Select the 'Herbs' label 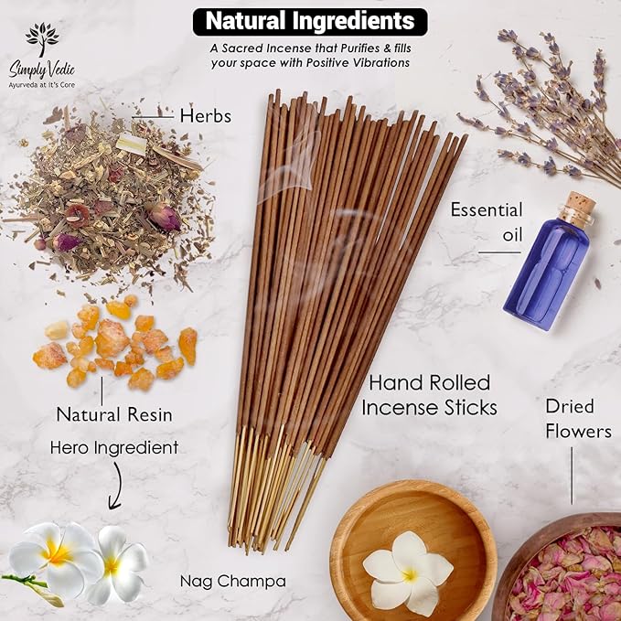click(206, 116)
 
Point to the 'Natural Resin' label click(114, 413)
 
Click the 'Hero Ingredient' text click(114, 447)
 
